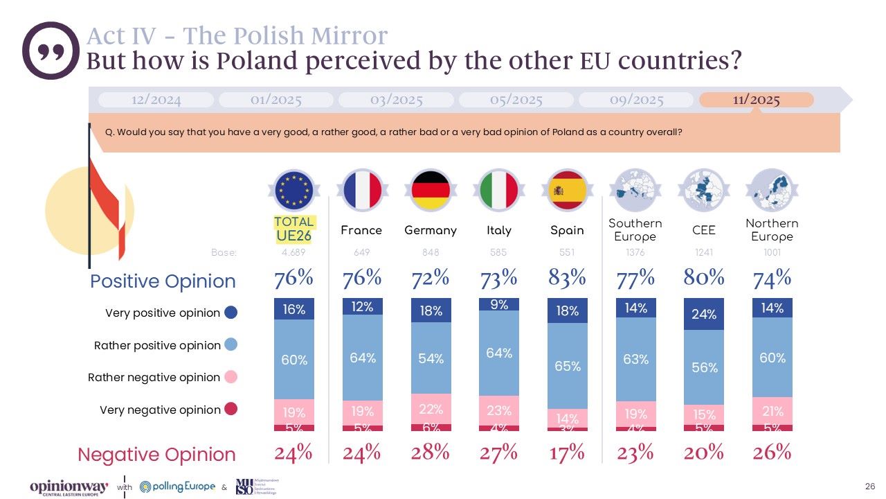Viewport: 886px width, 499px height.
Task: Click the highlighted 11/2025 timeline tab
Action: (756, 100)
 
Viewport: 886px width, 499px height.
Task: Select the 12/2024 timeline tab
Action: (156, 100)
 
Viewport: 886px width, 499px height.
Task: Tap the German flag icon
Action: (431, 190)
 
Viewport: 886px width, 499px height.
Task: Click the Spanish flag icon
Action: (567, 190)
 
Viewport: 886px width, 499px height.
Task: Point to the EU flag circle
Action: (294, 190)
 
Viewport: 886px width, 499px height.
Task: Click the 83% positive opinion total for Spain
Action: (567, 279)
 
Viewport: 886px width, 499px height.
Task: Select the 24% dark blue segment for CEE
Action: (704, 314)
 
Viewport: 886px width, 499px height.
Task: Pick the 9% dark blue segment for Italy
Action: (499, 304)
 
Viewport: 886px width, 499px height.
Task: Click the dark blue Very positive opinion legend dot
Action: (231, 313)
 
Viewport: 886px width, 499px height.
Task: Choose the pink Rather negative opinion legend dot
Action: (231, 377)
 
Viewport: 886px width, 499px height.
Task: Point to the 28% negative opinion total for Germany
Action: (431, 453)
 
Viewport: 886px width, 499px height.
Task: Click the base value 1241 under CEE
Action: (704, 253)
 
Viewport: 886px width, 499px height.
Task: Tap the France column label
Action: (361, 230)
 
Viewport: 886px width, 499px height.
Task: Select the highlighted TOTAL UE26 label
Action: (294, 229)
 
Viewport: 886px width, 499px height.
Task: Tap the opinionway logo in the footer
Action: (69, 487)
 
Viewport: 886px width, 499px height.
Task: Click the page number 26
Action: (870, 485)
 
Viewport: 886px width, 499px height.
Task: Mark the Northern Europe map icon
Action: (772, 190)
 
